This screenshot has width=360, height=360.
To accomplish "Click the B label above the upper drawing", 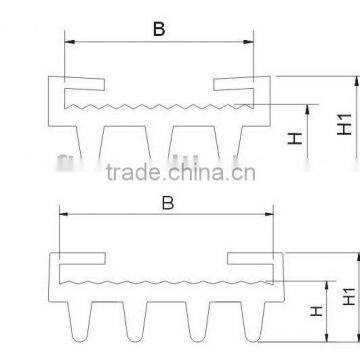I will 157,29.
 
